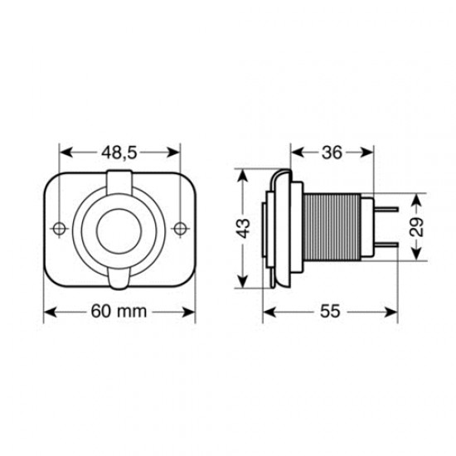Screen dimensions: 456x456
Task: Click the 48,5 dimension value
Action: pos(119,153)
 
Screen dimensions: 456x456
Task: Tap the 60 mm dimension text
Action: pos(119,313)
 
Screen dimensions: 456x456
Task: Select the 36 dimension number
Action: pos(332,153)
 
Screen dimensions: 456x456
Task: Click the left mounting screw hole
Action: pos(59,228)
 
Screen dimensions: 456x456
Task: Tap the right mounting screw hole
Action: pos(181,228)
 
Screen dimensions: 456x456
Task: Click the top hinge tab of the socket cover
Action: pos(119,178)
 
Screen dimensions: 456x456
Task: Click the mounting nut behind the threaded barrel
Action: pos(366,228)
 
